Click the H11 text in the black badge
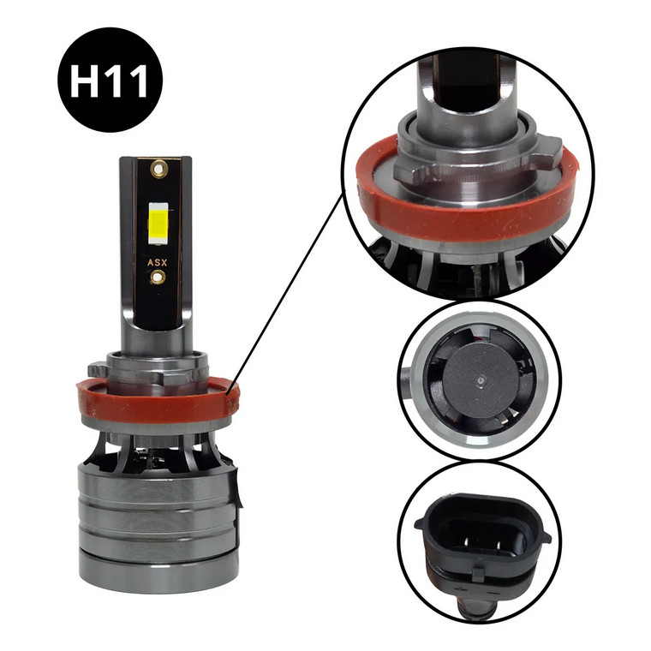109,81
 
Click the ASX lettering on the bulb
157,262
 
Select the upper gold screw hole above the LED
158,169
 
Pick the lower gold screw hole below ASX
158,277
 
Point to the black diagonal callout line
285,290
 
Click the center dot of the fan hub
481,379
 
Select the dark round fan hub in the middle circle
481,380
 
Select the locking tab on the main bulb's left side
97,369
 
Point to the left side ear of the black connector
421,523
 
